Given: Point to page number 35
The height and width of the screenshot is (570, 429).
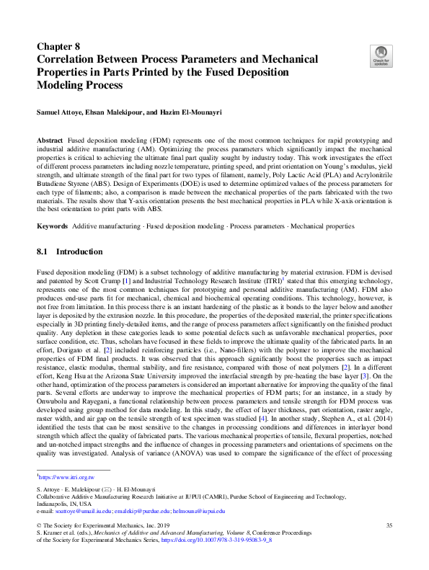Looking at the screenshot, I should coord(389,525).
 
